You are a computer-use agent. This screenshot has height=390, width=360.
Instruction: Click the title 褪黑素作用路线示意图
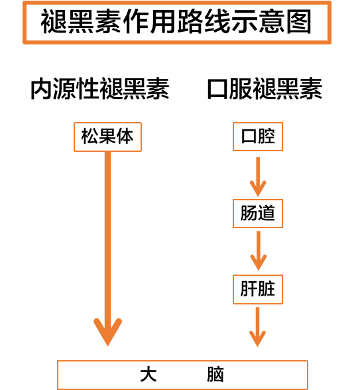(176, 21)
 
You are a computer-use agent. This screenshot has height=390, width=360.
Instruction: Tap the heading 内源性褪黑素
(99, 89)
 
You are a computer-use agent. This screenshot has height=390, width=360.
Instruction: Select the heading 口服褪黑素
(265, 89)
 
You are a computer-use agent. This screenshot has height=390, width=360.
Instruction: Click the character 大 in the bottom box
(149, 374)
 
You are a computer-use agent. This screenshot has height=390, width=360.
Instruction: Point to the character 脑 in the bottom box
(215, 374)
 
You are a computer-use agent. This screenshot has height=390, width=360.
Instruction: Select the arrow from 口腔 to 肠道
(258, 176)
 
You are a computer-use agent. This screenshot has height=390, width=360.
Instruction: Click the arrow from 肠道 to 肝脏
(259, 251)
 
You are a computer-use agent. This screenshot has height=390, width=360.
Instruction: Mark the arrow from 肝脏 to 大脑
(257, 327)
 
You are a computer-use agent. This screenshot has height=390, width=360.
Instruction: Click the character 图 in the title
(299, 21)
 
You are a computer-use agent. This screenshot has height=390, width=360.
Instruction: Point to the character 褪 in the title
(54, 21)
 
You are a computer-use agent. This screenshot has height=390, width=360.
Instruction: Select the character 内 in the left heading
(41, 89)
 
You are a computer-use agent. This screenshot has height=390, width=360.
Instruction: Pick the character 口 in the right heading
(217, 89)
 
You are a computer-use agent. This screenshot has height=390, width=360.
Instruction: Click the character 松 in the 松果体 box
(90, 137)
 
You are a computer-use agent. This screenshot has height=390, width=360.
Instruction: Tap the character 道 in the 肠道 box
(267, 213)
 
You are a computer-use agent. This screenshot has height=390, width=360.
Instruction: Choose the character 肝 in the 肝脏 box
(249, 289)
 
